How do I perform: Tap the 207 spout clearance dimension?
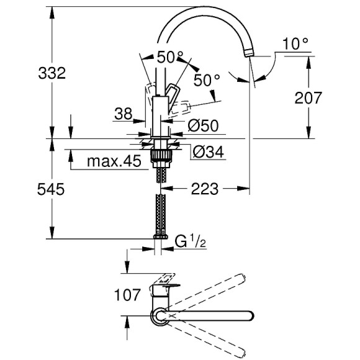point(308,97)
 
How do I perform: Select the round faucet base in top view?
point(161,317)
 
